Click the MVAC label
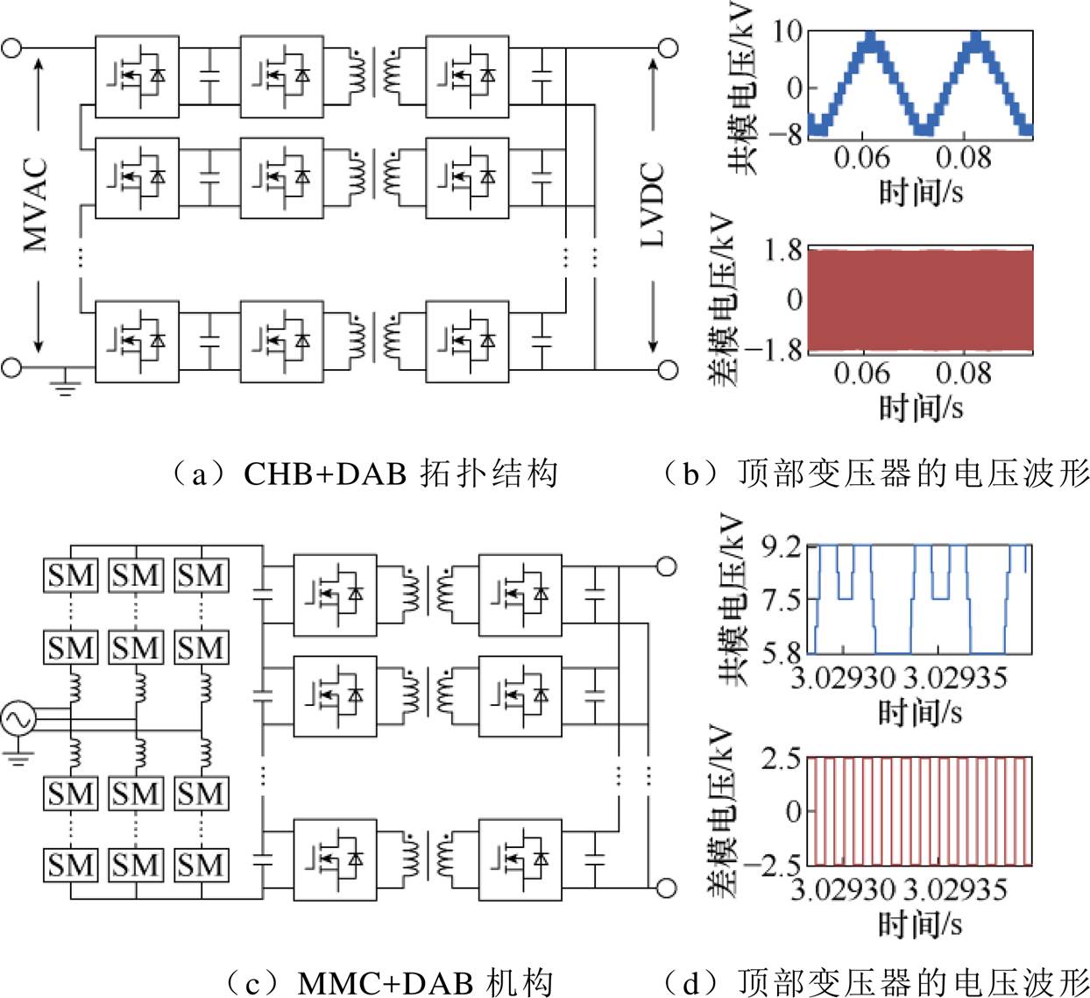36,205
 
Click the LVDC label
653,205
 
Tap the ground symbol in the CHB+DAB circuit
65,384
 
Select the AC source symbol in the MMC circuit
17,719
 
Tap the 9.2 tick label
782,548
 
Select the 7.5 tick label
782,601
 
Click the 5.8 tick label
782,652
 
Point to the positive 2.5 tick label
782,759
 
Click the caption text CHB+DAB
325,474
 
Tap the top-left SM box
71,575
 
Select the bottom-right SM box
202,865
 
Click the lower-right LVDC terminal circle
668,370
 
